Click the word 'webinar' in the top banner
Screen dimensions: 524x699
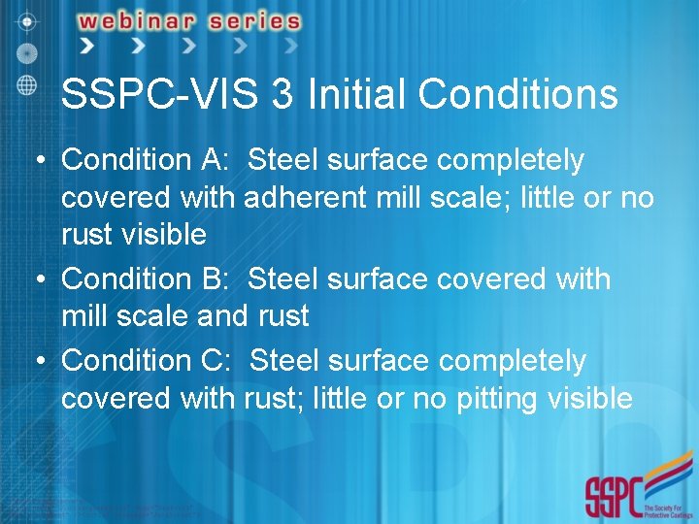(x=136, y=20)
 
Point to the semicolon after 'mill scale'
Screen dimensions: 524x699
(x=511, y=200)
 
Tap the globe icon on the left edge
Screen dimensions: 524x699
(x=27, y=83)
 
